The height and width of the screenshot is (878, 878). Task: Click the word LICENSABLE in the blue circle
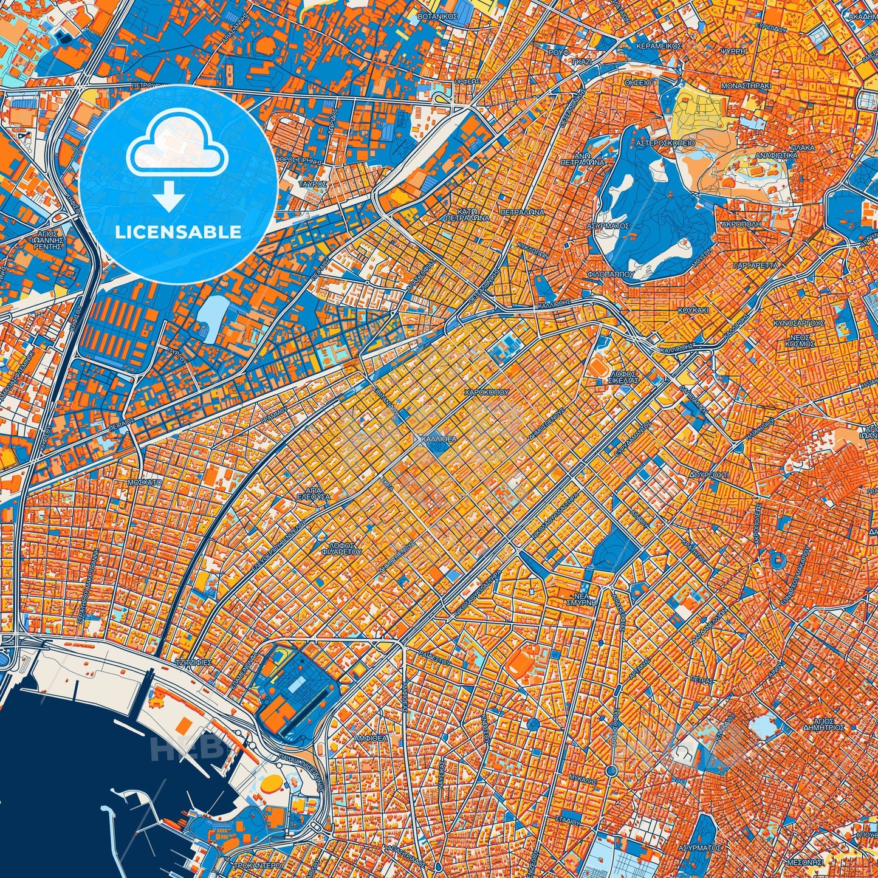179,232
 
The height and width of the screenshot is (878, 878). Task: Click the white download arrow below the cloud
170,196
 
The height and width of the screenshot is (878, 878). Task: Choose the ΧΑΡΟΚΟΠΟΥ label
486,393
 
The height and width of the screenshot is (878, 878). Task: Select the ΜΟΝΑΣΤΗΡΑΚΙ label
746,86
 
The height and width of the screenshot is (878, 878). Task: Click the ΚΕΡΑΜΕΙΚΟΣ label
659,46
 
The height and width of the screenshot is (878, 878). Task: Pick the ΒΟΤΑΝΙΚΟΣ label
437,17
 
